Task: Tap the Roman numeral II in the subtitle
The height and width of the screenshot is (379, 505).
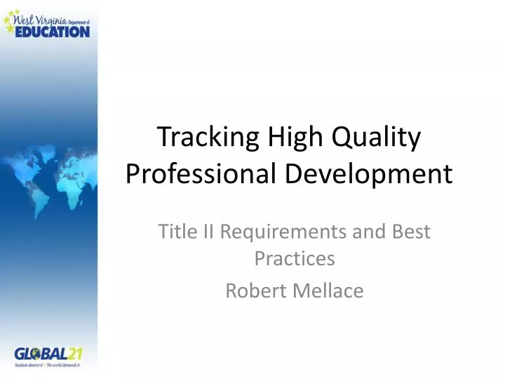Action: coord(206,231)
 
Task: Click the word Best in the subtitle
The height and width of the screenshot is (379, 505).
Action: coord(410,231)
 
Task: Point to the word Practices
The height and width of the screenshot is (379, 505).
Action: coord(294,259)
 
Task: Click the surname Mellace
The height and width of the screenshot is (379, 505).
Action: coord(329,290)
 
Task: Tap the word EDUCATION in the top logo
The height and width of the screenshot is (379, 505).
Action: coord(53,31)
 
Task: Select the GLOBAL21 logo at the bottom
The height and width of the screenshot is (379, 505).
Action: coord(48,354)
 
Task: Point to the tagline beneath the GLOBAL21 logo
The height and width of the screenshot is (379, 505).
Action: coord(48,366)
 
